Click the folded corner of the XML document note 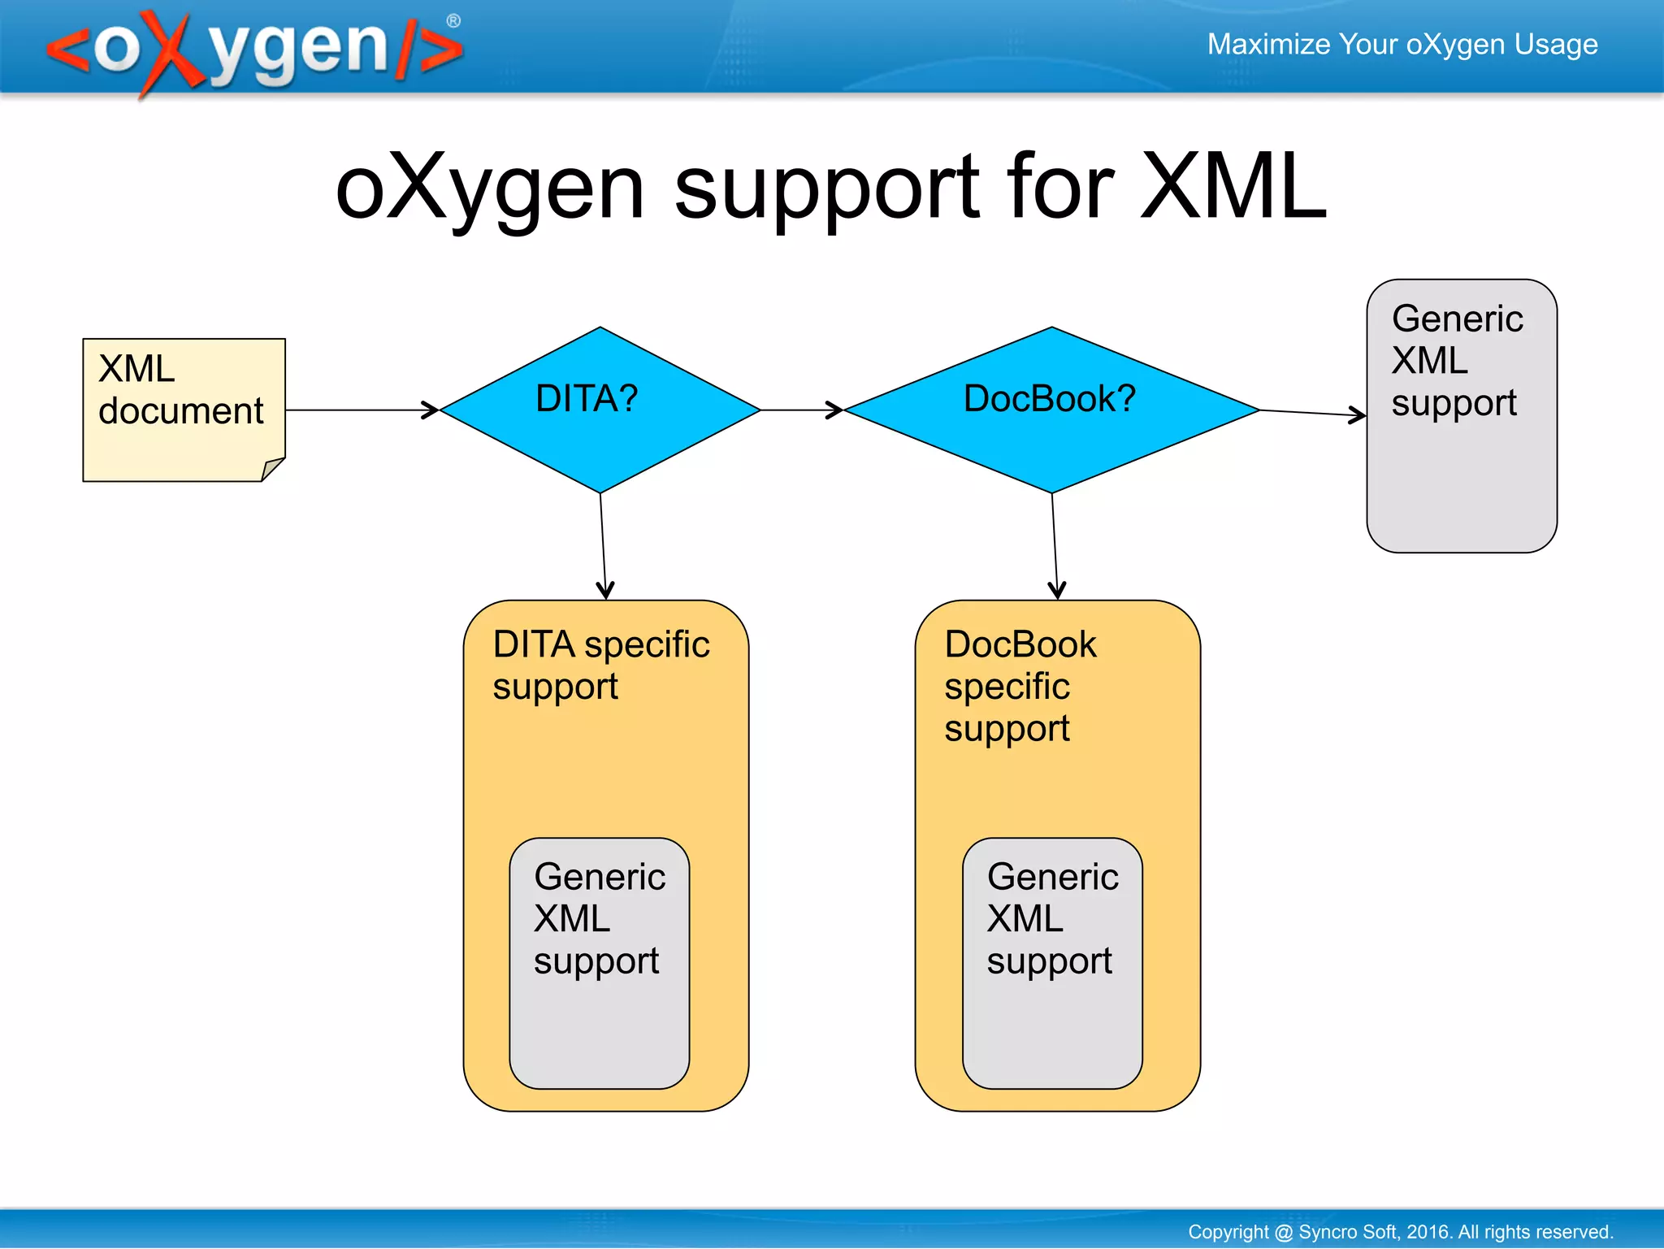272,469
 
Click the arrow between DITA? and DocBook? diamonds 801,410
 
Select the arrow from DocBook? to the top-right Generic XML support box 1312,413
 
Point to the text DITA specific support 600,665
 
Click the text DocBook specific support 1020,686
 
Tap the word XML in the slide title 1233,188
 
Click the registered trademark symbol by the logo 453,21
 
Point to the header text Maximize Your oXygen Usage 1402,44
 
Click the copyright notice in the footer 1399,1231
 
